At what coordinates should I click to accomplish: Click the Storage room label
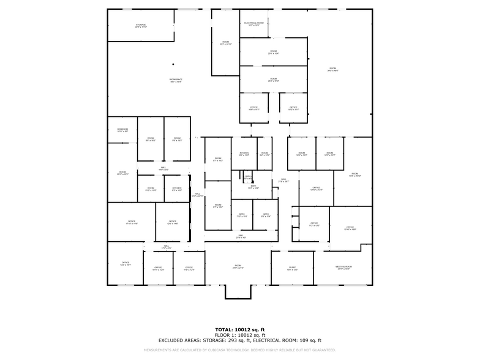[x=140, y=26]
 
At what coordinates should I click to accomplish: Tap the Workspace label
[x=176, y=80]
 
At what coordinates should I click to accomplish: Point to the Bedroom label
[x=122, y=130]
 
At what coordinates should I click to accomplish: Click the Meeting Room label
[x=343, y=268]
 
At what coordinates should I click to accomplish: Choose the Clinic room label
[x=292, y=268]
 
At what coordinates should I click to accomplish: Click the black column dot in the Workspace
[x=173, y=64]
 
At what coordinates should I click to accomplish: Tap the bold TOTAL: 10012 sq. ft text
[x=239, y=329]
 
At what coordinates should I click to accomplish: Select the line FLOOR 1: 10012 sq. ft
[x=239, y=335]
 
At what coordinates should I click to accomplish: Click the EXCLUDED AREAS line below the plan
[x=239, y=340]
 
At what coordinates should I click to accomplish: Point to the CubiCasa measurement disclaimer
[x=239, y=350]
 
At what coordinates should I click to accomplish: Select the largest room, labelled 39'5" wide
[x=332, y=69]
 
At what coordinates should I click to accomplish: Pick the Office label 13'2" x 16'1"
[x=125, y=264]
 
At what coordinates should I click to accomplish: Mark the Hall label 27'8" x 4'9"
[x=241, y=236]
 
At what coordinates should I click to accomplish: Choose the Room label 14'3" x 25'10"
[x=354, y=175]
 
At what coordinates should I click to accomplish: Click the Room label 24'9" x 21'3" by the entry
[x=238, y=267]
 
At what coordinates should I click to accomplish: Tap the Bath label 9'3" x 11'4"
[x=266, y=215]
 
